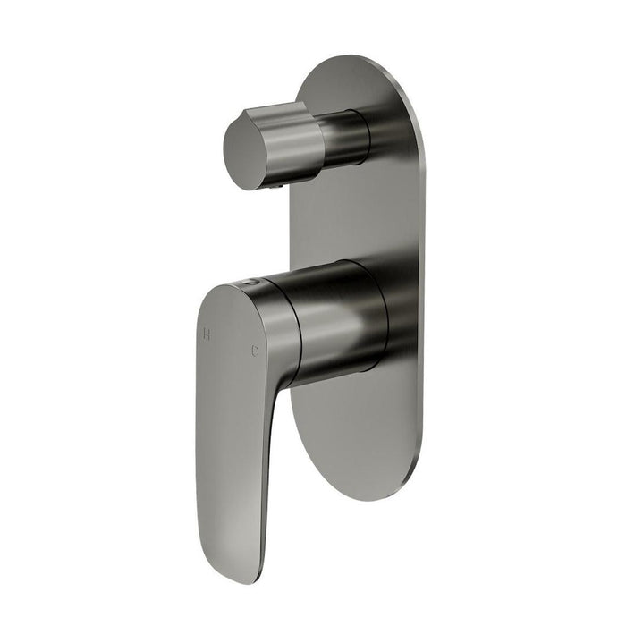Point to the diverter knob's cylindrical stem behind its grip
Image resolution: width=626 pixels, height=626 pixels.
coord(343,139)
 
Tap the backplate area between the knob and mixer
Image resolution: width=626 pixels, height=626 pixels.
coord(358,215)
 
